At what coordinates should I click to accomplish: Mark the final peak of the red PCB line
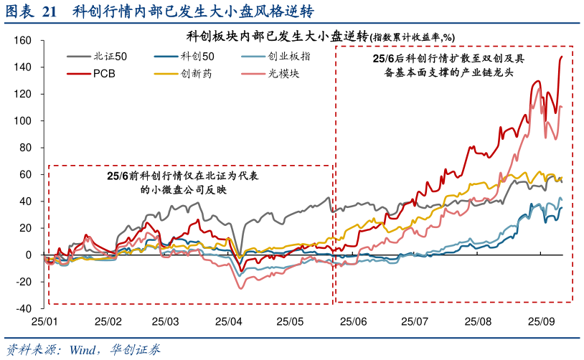561,56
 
